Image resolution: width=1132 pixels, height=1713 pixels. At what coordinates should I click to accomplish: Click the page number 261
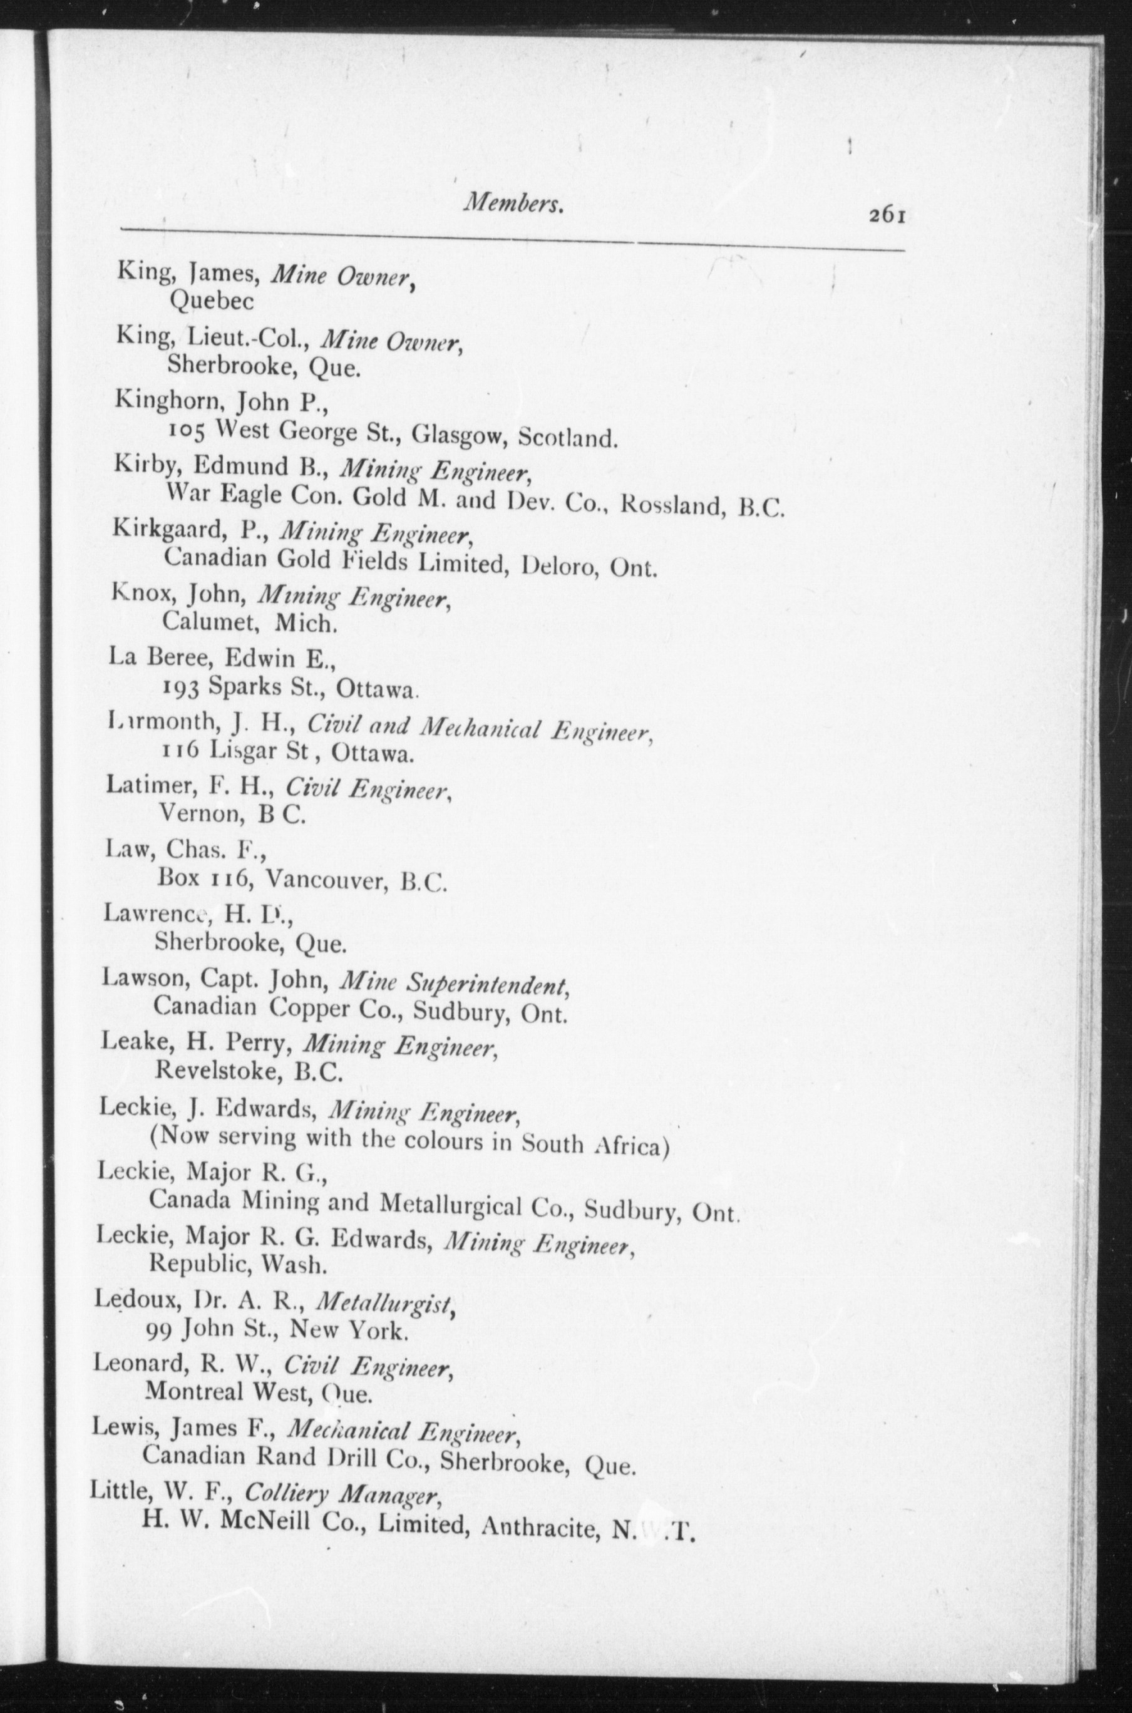coord(887,216)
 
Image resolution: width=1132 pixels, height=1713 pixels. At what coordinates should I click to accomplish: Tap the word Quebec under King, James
coord(212,302)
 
